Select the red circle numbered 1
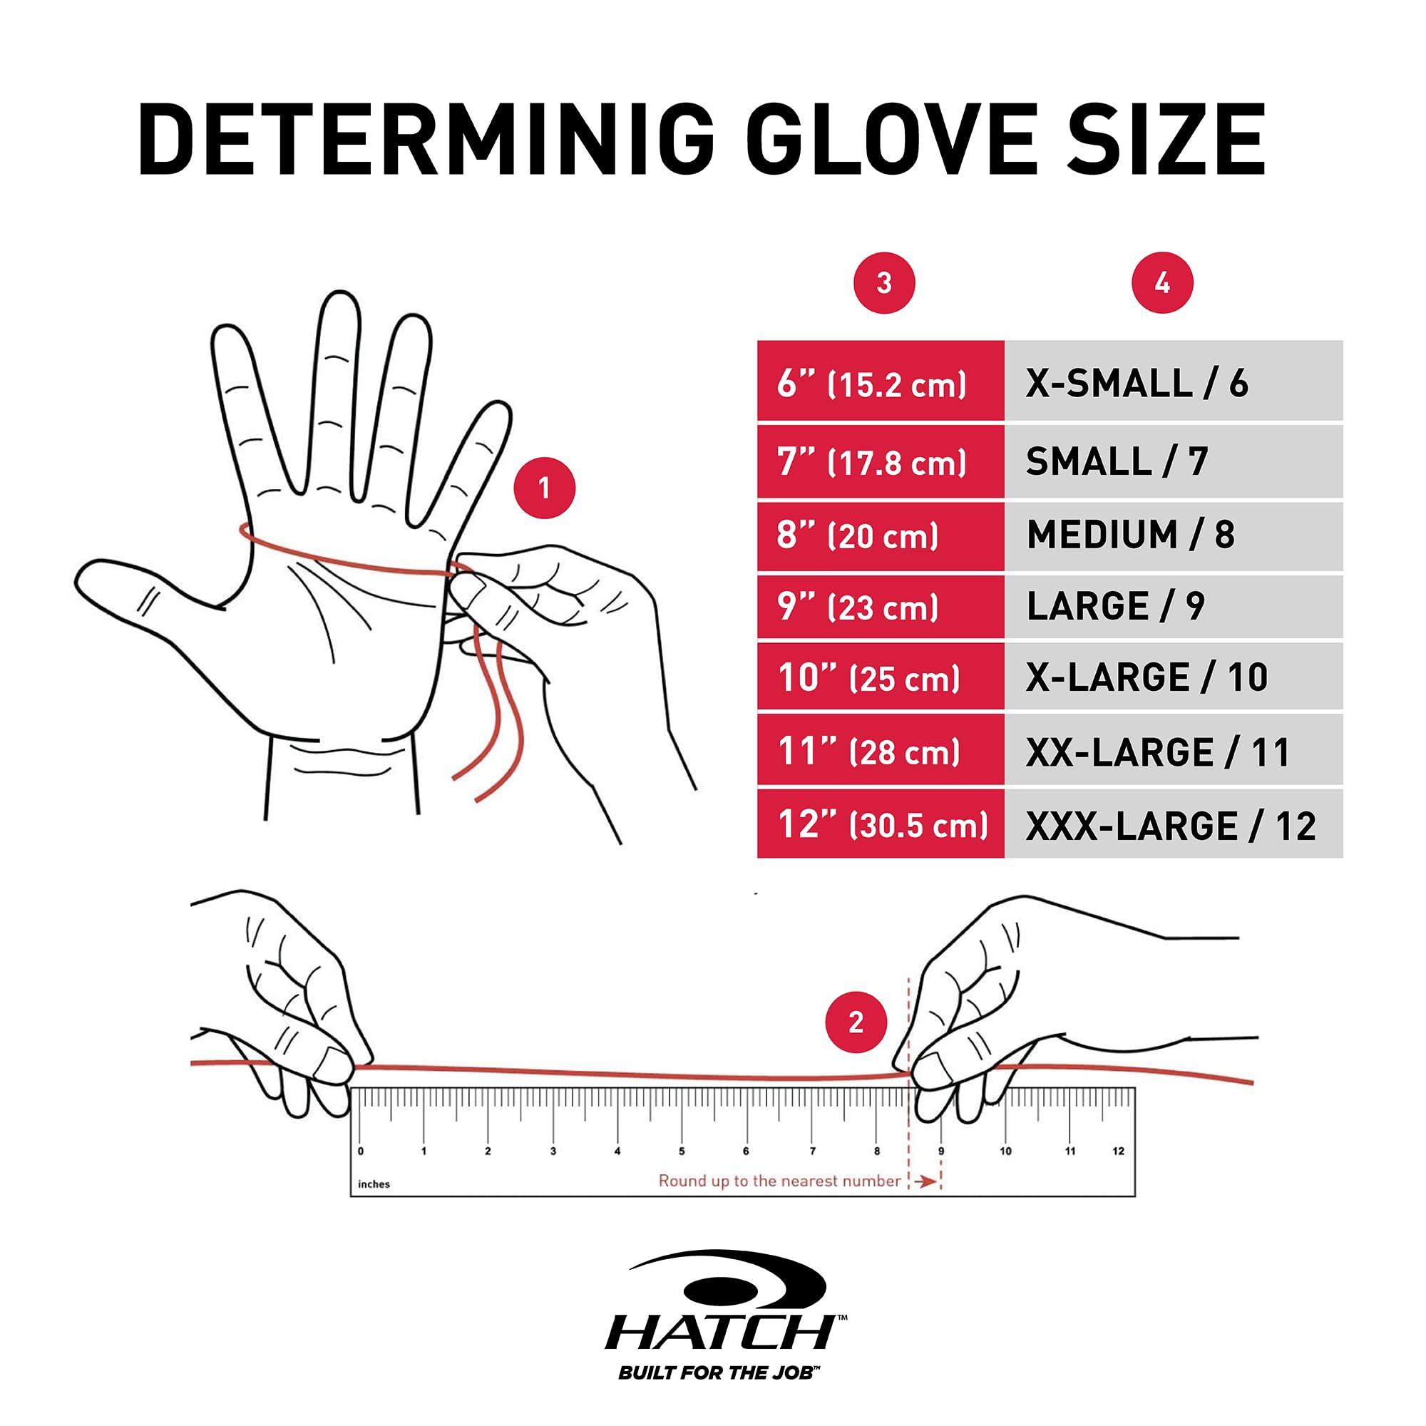click(x=544, y=488)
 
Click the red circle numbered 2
click(x=856, y=1022)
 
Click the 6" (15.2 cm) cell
click(x=880, y=382)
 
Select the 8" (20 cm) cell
click(x=880, y=536)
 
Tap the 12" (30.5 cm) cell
click(x=880, y=824)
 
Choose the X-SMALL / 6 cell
click(x=1172, y=382)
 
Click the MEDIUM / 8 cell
click(x=1172, y=536)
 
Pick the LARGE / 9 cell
click(x=1172, y=607)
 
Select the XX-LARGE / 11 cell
click(x=1172, y=752)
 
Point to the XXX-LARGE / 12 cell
click(x=1172, y=824)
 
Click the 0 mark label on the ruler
click(x=360, y=1151)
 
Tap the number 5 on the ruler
click(x=681, y=1151)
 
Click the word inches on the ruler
click(x=374, y=1184)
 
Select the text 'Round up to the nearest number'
click(x=779, y=1181)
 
